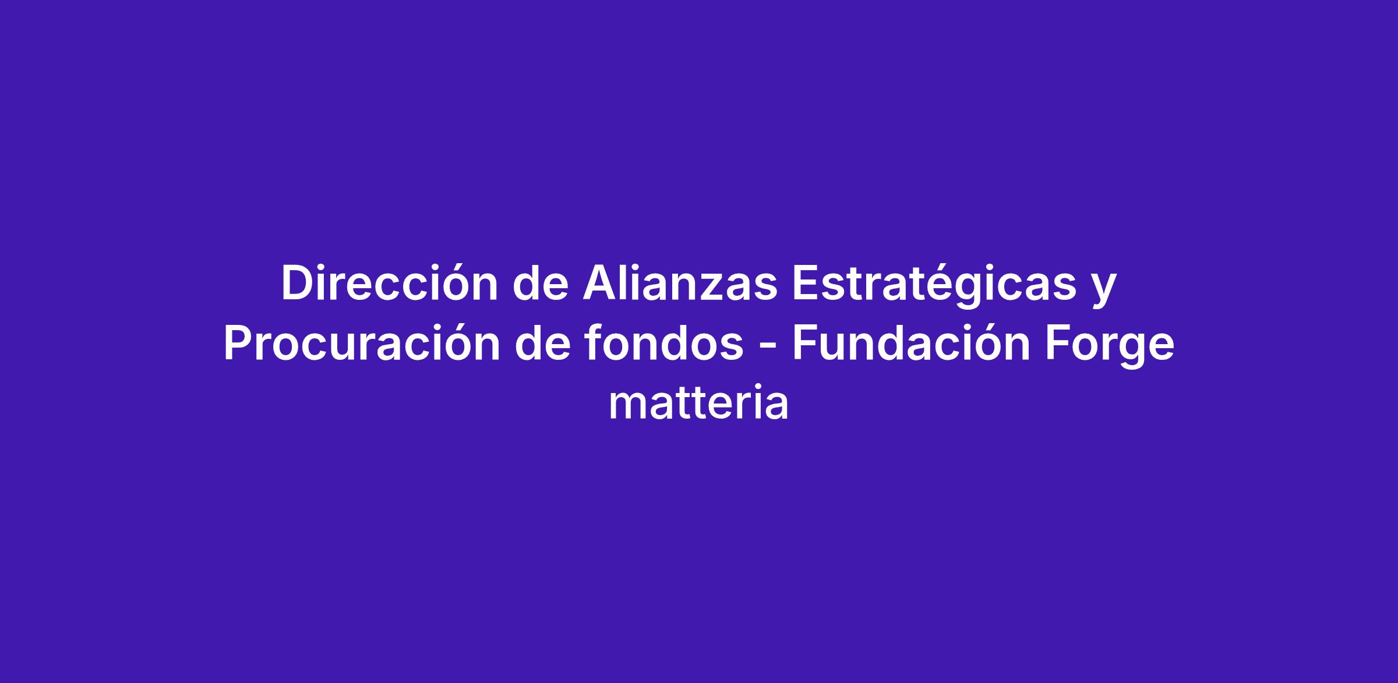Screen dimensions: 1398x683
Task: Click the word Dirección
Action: (389, 284)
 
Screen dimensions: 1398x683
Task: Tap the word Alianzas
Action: (680, 284)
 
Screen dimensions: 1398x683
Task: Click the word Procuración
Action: (362, 344)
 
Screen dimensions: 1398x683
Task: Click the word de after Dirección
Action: (541, 284)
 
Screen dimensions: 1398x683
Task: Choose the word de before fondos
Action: (542, 344)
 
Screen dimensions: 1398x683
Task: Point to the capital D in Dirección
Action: (298, 284)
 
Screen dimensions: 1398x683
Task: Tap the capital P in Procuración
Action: (239, 344)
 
